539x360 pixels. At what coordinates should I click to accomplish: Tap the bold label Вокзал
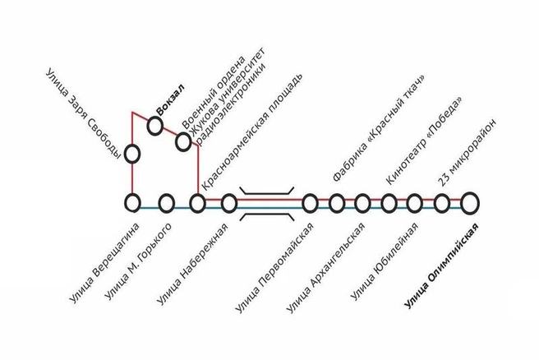[171, 99]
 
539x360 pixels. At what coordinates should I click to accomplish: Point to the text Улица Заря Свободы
[83, 114]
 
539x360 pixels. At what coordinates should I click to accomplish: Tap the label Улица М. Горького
[138, 261]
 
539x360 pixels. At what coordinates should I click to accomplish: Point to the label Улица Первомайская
[274, 268]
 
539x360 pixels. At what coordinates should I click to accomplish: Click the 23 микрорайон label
[468, 153]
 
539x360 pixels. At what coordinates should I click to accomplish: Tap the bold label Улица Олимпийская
[441, 266]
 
